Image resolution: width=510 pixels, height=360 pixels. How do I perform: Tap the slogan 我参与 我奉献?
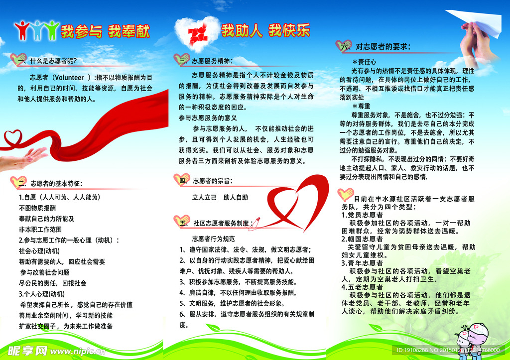[x=105, y=31]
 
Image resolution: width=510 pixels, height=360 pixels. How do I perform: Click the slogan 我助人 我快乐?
[x=265, y=31]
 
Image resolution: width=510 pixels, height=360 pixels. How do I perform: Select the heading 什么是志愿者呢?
[x=54, y=61]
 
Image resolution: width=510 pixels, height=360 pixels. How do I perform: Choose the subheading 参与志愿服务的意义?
[x=208, y=118]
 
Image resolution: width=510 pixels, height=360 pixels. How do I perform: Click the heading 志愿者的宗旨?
[x=213, y=180]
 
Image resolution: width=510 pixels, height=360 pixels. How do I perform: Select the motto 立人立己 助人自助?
[x=220, y=197]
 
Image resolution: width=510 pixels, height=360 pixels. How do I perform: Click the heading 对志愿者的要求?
[x=382, y=47]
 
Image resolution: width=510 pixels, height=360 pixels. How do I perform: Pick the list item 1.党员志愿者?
[x=362, y=215]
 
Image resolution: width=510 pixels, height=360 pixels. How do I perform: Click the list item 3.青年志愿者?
[x=362, y=263]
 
